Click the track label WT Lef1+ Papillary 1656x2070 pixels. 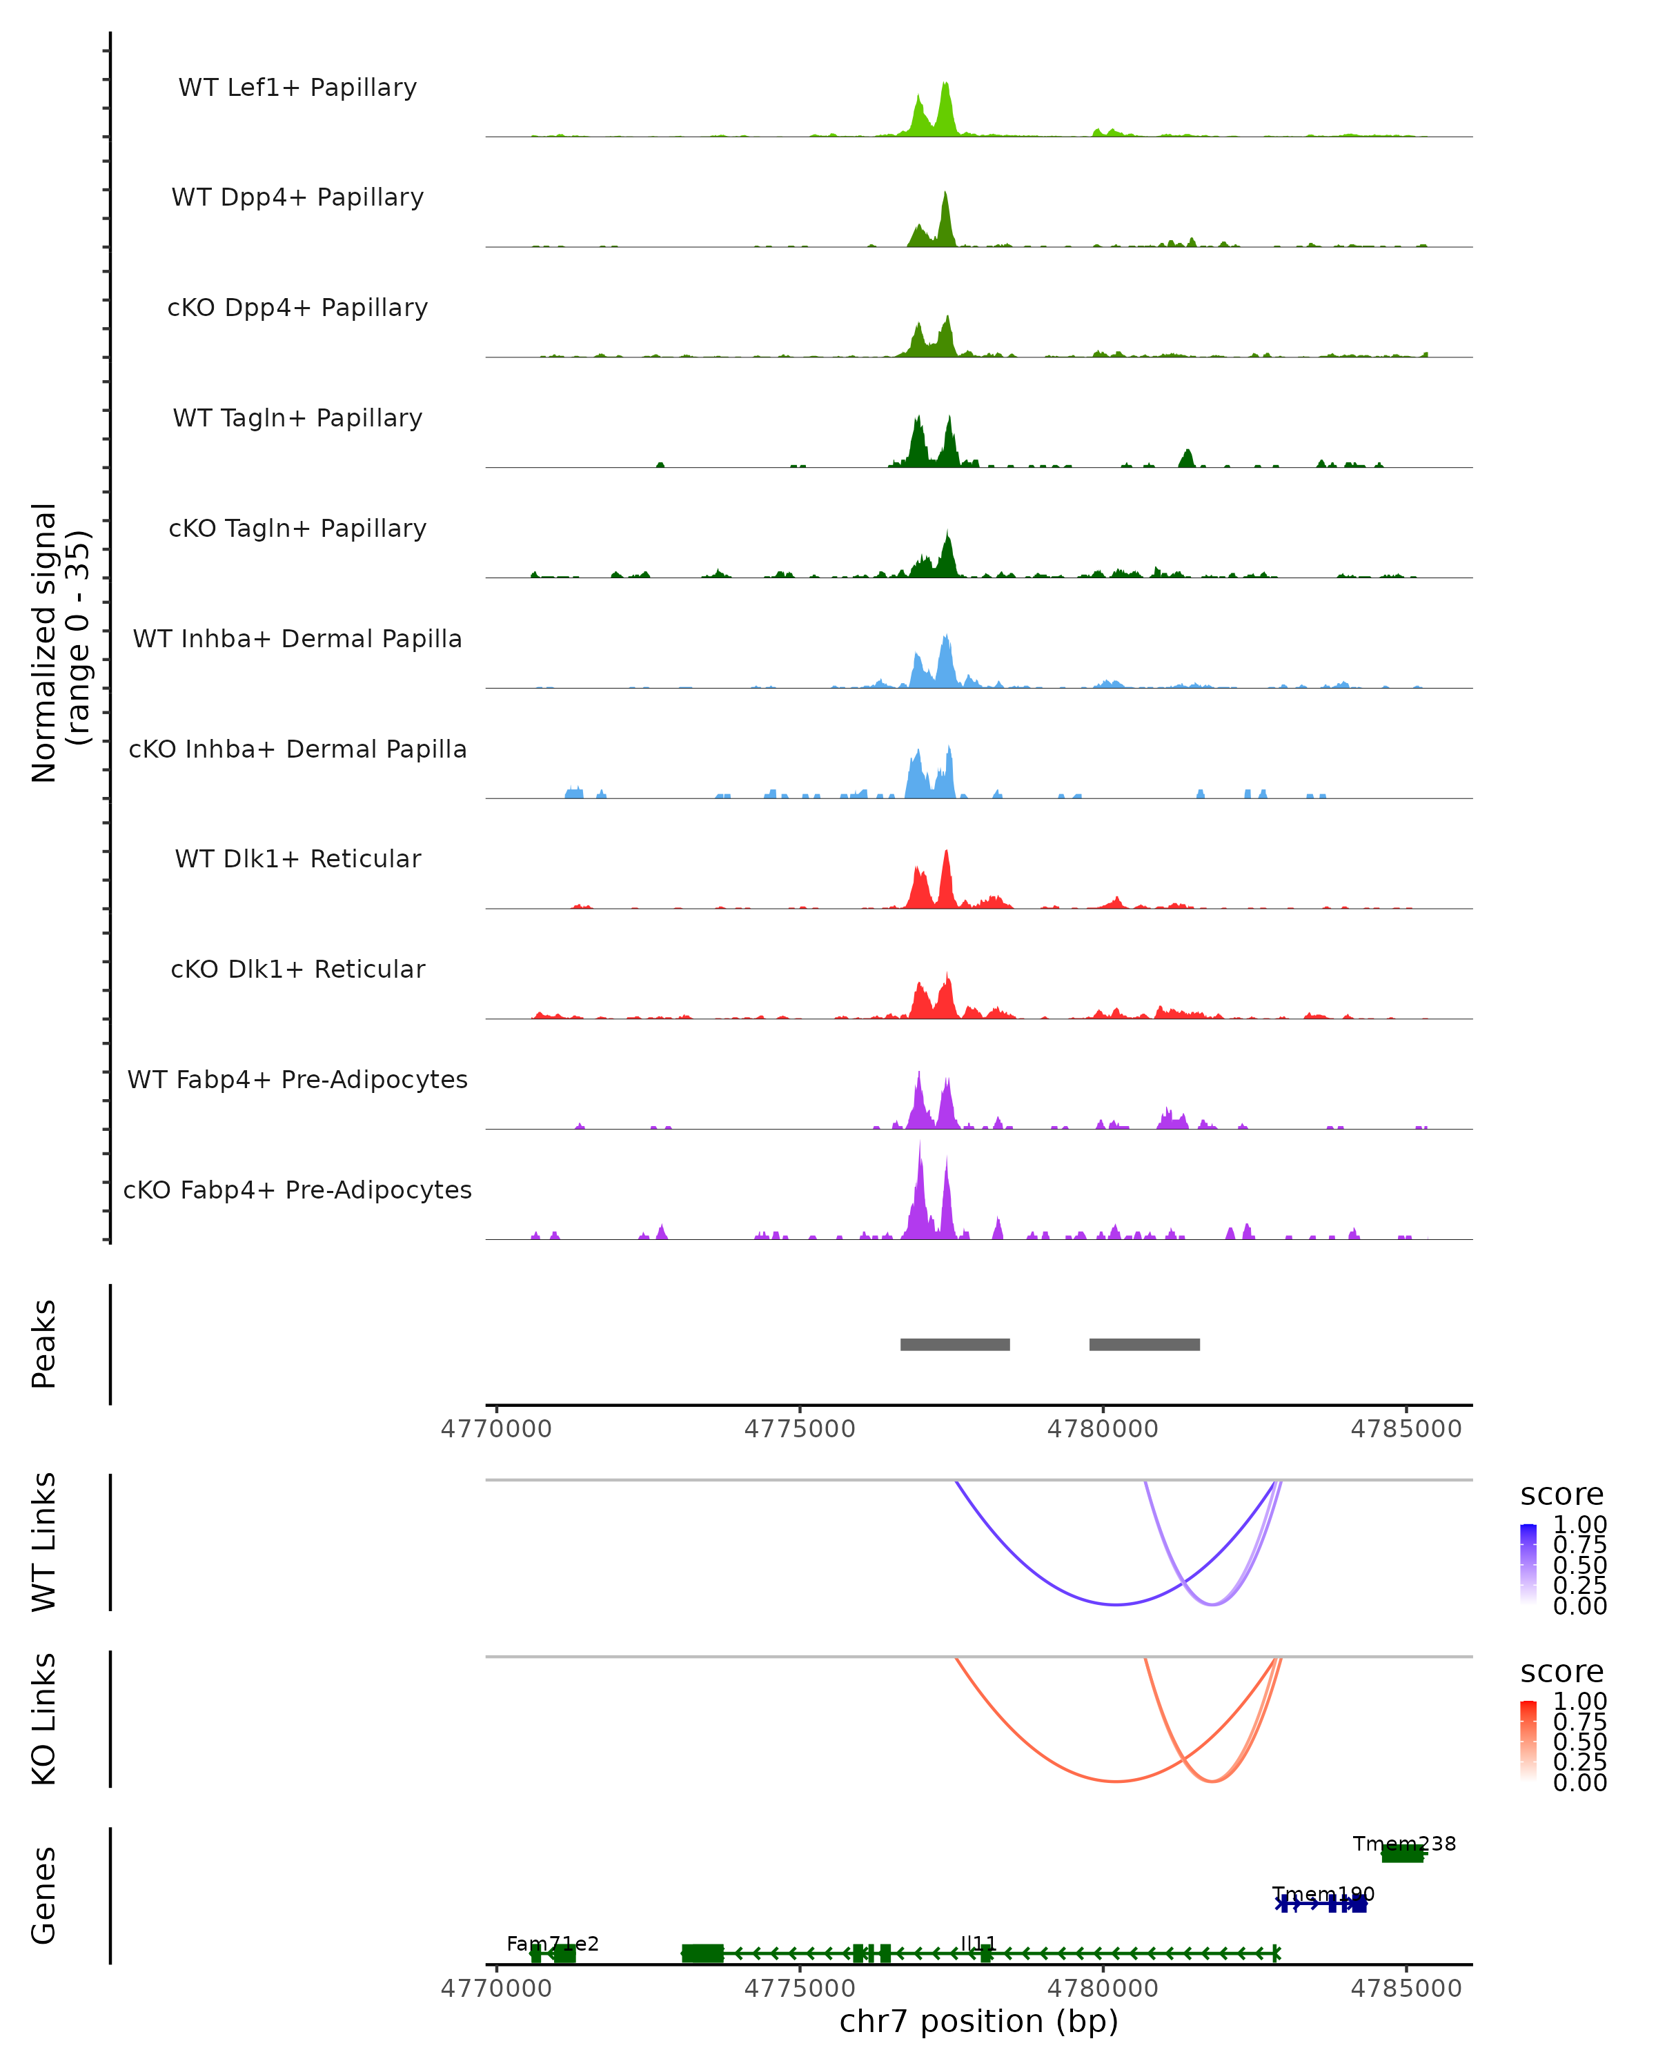click(297, 88)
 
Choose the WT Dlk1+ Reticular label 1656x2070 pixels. click(297, 858)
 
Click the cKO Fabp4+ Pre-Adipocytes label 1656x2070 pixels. click(297, 1190)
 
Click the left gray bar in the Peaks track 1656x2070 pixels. click(954, 1344)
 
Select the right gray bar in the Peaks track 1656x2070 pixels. click(1144, 1344)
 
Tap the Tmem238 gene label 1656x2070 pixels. click(1403, 1844)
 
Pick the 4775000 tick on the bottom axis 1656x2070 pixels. click(799, 1987)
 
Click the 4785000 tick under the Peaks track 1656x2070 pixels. click(1406, 1429)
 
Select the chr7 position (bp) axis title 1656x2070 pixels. click(978, 2022)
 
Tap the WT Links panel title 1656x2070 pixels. click(44, 1542)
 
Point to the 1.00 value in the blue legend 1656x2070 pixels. click(1580, 1525)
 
